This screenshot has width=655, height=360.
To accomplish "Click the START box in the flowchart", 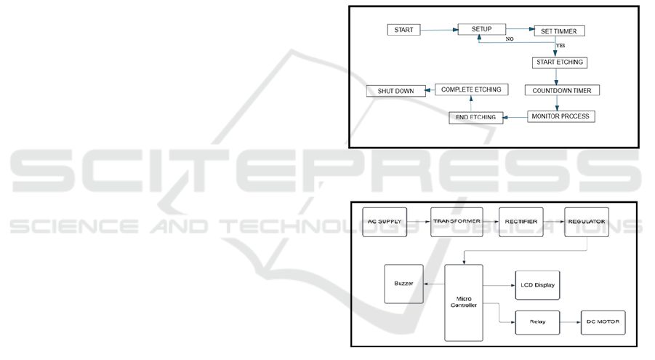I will [404, 30].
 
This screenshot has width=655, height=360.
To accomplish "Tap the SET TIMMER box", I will [558, 31].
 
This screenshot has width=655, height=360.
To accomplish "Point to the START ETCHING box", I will [558, 63].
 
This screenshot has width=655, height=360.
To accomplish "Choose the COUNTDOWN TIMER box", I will [562, 91].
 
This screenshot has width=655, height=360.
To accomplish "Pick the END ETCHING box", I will [475, 117].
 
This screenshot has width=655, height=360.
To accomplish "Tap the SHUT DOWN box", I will [395, 91].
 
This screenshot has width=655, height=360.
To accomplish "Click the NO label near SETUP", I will [510, 39].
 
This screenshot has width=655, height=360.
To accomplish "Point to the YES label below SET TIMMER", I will [560, 46].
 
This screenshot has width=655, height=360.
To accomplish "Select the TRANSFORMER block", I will [457, 222].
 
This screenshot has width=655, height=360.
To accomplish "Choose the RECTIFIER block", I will [521, 222].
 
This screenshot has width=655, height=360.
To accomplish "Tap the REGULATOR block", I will [586, 222].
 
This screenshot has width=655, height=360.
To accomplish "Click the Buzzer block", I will [404, 284].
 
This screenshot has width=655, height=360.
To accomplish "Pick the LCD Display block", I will [538, 285].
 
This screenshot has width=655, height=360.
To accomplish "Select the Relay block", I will [538, 322].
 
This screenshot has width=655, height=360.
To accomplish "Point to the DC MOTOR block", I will [602, 322].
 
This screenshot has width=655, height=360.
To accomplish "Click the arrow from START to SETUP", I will [439, 31].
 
